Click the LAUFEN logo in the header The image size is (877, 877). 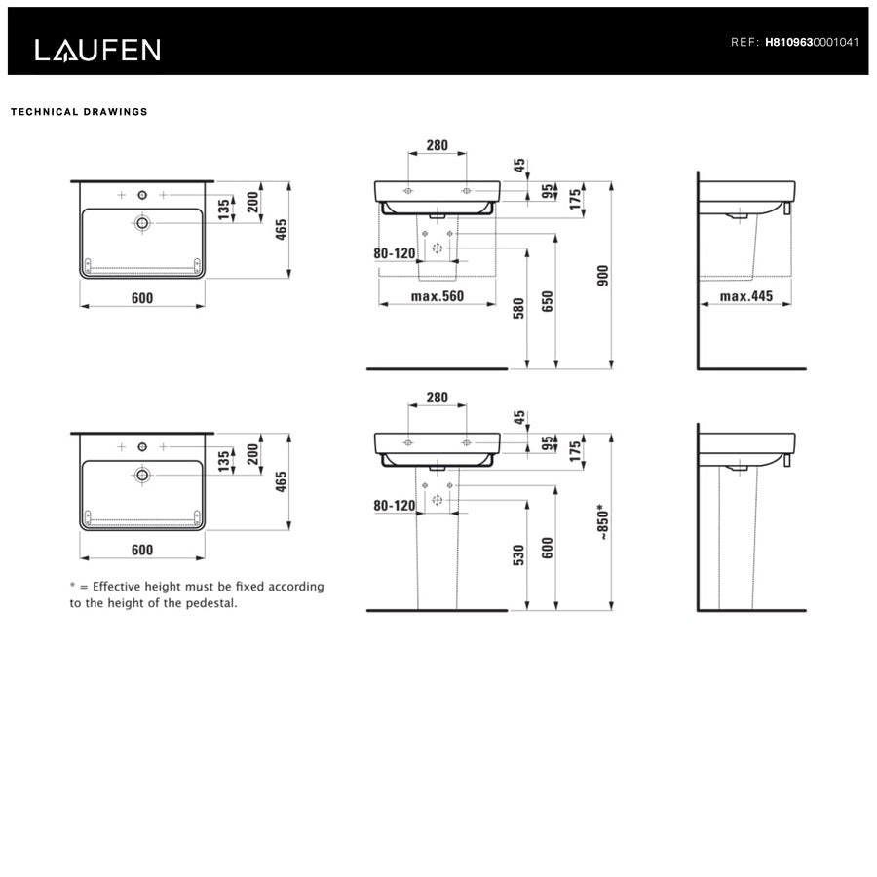tap(97, 50)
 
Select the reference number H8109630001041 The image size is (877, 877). tap(812, 43)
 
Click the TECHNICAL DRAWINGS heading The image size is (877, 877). tap(79, 112)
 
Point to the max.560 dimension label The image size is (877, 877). tap(437, 296)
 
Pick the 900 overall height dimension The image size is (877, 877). tap(602, 277)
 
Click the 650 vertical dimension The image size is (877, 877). tap(548, 301)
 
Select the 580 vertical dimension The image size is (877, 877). tap(519, 307)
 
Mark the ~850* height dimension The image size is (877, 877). tap(603, 522)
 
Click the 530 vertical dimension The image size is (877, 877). tap(519, 554)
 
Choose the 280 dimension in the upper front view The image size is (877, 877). tap(437, 146)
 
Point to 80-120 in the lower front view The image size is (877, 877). tap(394, 506)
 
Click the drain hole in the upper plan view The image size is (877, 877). tap(142, 224)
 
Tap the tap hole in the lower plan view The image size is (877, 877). tap(142, 446)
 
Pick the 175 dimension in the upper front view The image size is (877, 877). tap(575, 199)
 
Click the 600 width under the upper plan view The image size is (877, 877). tap(142, 298)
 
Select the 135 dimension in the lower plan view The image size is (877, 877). tap(224, 459)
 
